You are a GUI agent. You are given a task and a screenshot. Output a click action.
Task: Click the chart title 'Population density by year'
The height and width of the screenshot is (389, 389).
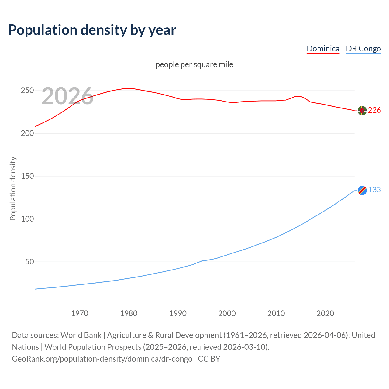(x=92, y=30)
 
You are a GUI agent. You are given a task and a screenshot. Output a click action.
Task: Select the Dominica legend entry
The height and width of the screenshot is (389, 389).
(x=323, y=49)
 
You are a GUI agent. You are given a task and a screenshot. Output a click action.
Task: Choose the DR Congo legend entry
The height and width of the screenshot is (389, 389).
(x=363, y=49)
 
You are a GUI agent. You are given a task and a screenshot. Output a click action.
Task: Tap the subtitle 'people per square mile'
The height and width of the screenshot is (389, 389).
(x=194, y=64)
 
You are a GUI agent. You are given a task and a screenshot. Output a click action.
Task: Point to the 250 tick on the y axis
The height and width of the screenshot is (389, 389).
(x=27, y=91)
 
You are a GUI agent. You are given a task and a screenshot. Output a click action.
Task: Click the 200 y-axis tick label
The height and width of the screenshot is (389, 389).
(x=27, y=133)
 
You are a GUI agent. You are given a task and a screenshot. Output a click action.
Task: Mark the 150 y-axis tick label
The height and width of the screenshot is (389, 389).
(x=27, y=176)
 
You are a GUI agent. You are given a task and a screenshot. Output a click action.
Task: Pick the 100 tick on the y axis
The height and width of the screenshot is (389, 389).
(x=27, y=219)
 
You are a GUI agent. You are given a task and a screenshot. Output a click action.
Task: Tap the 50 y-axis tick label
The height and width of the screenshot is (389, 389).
(x=29, y=262)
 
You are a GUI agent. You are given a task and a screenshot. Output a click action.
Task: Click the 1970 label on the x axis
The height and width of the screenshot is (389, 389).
(x=80, y=313)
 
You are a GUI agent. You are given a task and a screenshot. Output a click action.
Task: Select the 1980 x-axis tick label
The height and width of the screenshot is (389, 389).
(x=129, y=313)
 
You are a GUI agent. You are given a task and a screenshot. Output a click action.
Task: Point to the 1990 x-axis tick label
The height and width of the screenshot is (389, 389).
(x=178, y=313)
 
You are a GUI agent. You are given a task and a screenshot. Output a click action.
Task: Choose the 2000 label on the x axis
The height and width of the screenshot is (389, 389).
(x=227, y=313)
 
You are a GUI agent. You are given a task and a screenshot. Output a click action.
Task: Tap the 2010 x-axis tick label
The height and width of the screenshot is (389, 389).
(x=276, y=313)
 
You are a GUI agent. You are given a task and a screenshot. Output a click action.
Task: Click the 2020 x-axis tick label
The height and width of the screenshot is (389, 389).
(x=325, y=313)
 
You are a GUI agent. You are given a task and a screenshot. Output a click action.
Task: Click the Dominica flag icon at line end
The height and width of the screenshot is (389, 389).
(x=362, y=111)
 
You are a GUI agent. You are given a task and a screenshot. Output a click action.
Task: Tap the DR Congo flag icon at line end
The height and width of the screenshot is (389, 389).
(x=362, y=190)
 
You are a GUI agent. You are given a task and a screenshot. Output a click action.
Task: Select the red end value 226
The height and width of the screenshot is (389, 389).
(x=374, y=110)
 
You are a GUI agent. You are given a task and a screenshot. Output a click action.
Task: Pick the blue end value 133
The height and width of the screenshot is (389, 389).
(x=374, y=190)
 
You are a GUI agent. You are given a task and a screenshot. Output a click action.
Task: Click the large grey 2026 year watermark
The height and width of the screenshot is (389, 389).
(x=67, y=96)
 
